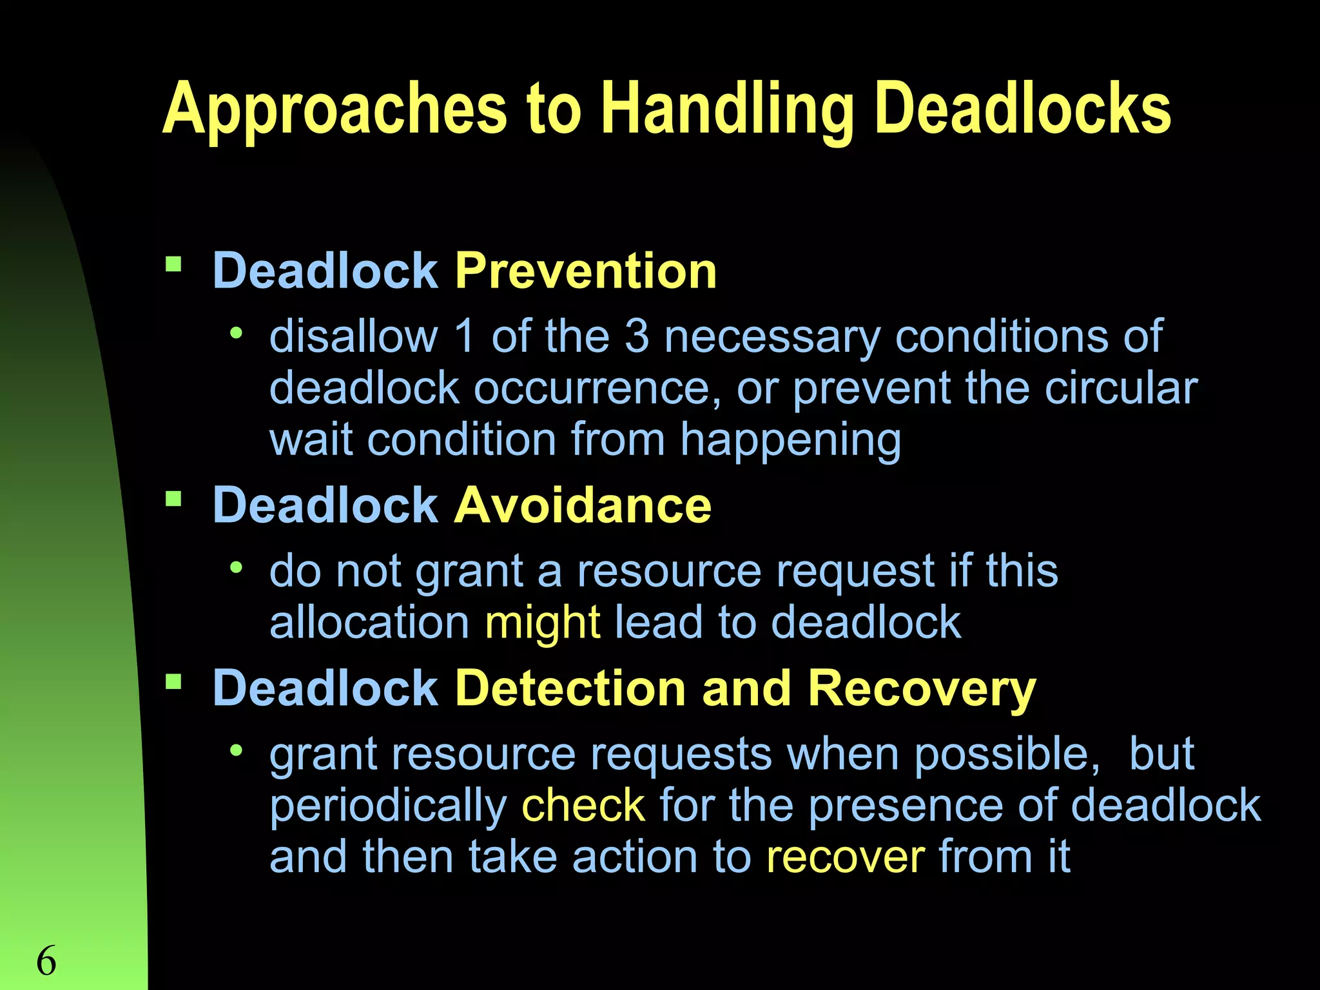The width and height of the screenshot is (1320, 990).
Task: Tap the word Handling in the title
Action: coord(728,111)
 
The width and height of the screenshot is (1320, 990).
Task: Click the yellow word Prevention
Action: coord(585,271)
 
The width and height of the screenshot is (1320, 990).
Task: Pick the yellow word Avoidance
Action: coord(583,505)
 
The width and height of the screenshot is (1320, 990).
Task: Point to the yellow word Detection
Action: coord(570,688)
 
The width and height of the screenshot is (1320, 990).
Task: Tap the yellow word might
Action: coord(543,623)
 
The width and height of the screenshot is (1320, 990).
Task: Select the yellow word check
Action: coord(583,805)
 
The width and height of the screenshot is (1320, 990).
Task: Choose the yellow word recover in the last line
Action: coord(846,857)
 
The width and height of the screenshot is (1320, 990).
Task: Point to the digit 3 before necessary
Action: coord(636,336)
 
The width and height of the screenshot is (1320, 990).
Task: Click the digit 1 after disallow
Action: coord(464,336)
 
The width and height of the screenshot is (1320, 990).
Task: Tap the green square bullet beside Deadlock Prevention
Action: coord(173,264)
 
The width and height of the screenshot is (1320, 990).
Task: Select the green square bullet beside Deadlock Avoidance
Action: coord(173,499)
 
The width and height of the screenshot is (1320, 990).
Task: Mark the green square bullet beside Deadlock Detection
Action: coord(173,682)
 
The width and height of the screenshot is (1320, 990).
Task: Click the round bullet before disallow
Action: coord(237,333)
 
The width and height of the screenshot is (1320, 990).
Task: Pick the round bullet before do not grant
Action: coord(237,568)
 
